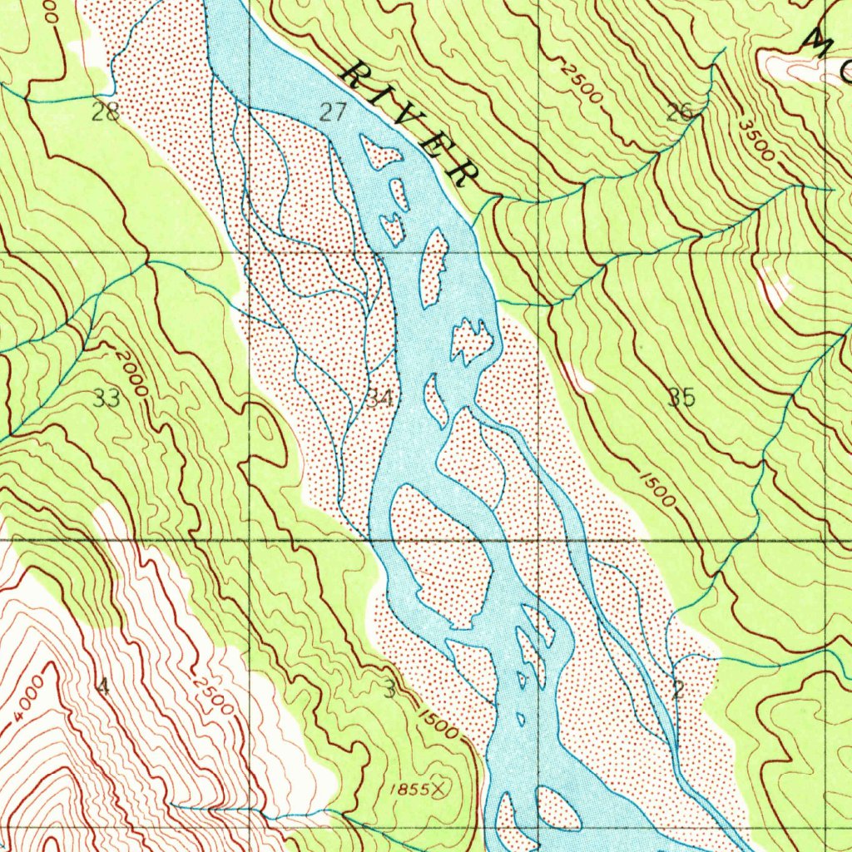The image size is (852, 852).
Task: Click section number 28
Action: pos(106,112)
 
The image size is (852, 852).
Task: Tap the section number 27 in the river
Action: pos(333,112)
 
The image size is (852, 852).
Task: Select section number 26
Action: pos(681,112)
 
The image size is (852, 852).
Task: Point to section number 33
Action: pos(107,399)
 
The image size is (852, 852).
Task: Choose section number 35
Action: pos(681,398)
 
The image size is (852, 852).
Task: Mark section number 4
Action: pos(102,686)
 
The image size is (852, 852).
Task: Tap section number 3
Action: pos(389,687)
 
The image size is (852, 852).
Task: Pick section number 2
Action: pos(678,688)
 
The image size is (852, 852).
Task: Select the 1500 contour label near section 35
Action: pos(656,488)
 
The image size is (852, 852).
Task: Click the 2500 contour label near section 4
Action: pos(212,695)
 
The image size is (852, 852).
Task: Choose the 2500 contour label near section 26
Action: pos(581,84)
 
